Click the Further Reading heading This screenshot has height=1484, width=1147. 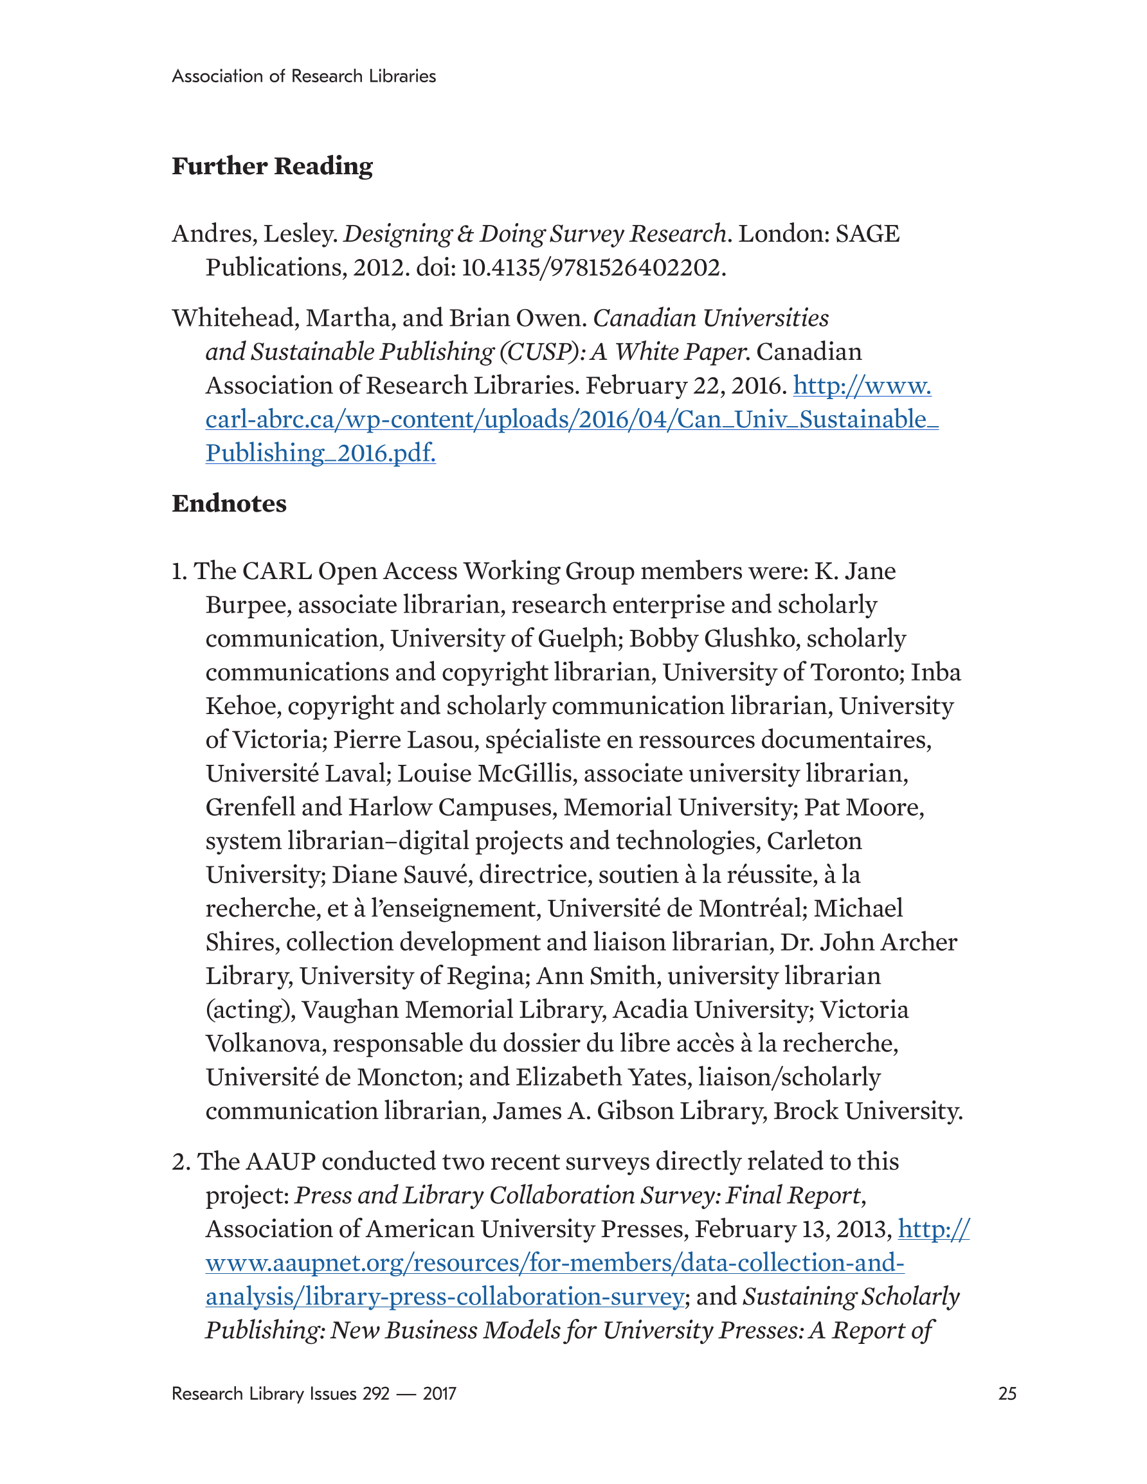[x=272, y=166]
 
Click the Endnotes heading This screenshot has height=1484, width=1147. [x=229, y=503]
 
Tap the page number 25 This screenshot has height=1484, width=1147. [x=1007, y=1393]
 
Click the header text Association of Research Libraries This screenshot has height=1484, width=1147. [x=304, y=76]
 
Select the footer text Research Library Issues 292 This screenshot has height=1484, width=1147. [x=280, y=1393]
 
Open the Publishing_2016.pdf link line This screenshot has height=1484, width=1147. [x=320, y=453]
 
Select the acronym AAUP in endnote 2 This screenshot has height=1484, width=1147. [x=280, y=1162]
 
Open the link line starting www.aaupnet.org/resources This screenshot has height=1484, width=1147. [x=555, y=1263]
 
